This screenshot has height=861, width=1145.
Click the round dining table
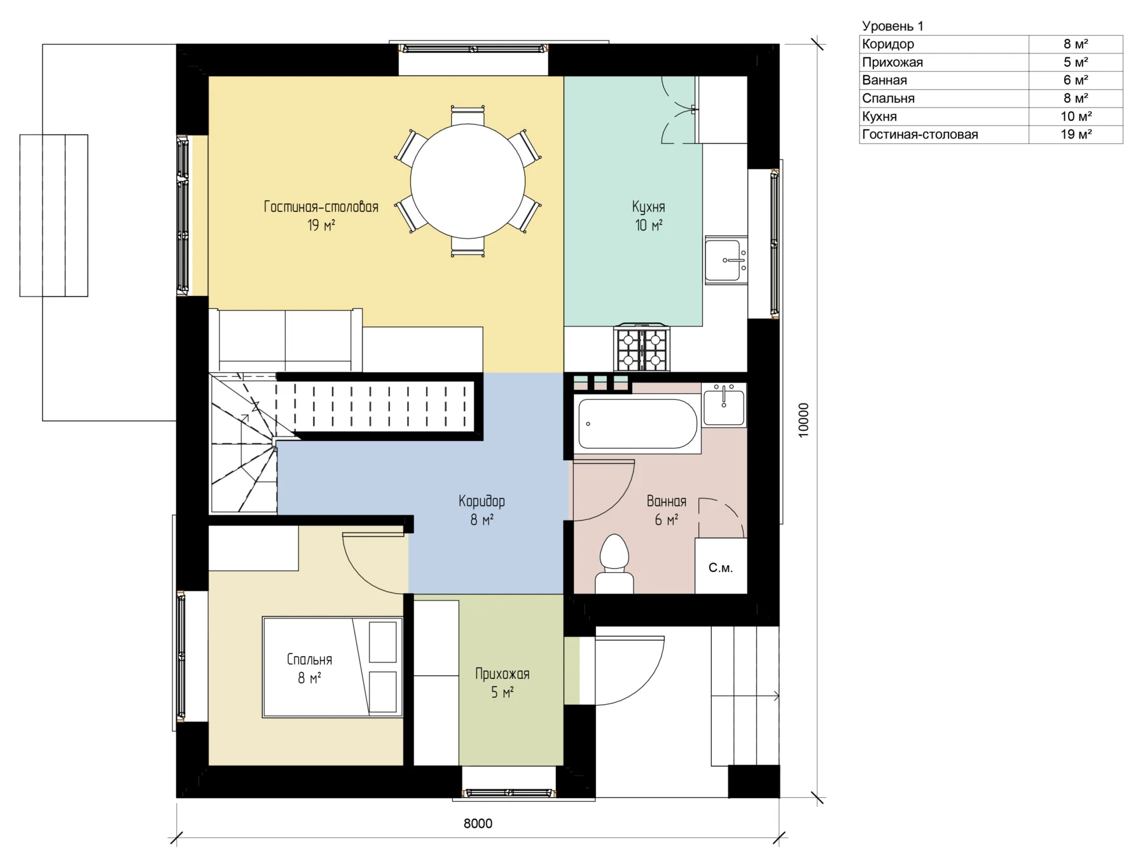click(468, 181)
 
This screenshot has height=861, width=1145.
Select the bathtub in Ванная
click(636, 424)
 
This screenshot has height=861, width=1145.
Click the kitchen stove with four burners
click(642, 347)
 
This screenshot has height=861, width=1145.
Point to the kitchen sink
click(726, 260)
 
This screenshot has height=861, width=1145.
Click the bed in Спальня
click(333, 667)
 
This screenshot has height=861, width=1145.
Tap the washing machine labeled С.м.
click(721, 566)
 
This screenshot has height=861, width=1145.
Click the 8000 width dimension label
click(478, 823)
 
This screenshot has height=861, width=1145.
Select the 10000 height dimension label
click(803, 420)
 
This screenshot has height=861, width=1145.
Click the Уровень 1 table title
click(892, 26)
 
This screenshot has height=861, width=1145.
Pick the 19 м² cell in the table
click(1076, 134)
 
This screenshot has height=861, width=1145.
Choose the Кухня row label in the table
click(879, 116)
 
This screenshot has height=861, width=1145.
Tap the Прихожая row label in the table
click(892, 62)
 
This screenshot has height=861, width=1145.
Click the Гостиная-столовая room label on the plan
click(321, 207)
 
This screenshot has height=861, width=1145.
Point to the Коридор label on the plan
click(482, 501)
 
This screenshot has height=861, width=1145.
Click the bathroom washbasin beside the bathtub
click(724, 405)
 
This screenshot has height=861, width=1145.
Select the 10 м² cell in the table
click(1076, 116)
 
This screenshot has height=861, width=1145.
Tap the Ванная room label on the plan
click(667, 501)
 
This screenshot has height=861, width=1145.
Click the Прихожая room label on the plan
click(502, 674)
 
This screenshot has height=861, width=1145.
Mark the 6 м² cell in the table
click(1076, 80)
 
